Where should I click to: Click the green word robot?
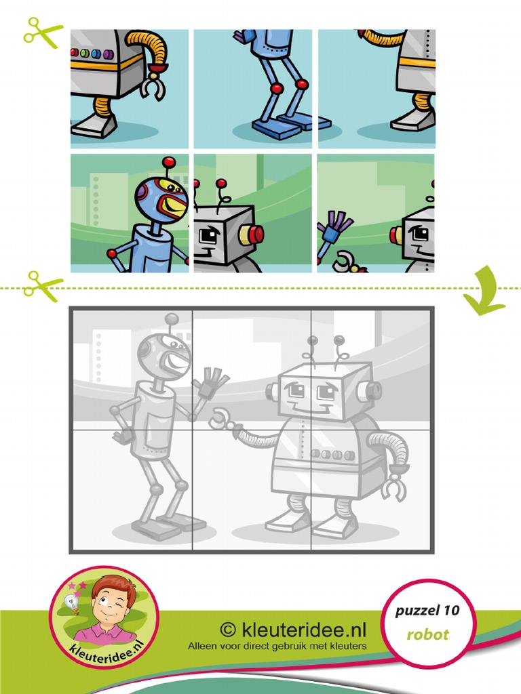(427, 635)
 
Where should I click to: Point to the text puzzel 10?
(427, 611)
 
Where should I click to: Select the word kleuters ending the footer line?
(347, 646)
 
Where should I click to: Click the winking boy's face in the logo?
(111, 603)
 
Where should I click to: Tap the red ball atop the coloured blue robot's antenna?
(168, 162)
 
